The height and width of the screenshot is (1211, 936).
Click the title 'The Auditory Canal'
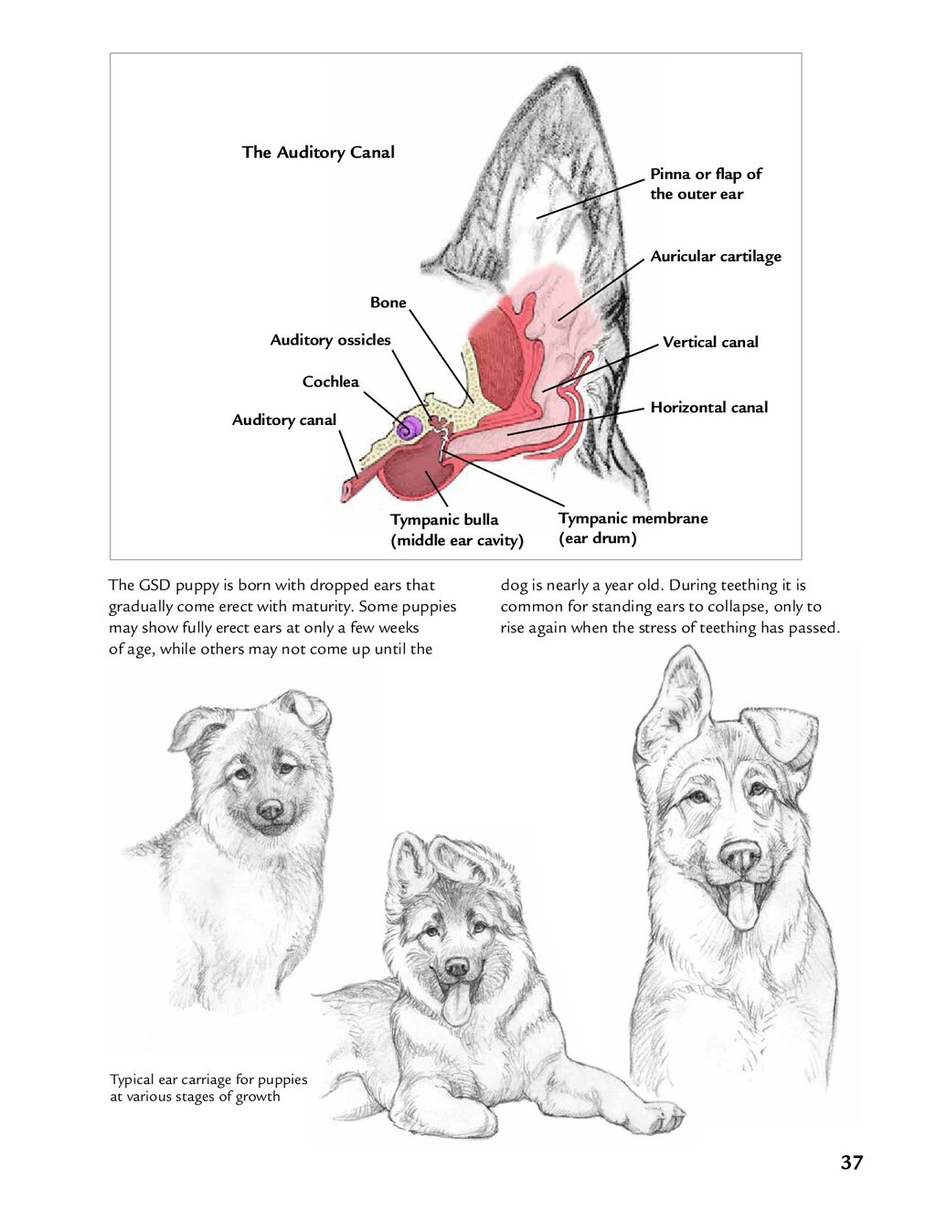[318, 153]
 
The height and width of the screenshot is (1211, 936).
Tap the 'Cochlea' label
[330, 382]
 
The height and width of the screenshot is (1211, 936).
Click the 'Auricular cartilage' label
[716, 257]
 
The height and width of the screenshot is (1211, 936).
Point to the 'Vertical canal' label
[710, 342]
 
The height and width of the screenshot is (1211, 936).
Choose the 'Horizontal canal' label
[708, 408]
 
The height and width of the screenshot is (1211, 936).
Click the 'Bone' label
[388, 303]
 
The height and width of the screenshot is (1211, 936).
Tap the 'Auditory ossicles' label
[330, 340]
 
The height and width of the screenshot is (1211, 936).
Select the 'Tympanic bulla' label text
[444, 520]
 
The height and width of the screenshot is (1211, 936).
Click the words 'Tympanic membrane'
[633, 518]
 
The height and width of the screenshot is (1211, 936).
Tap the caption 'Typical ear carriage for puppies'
[208, 1079]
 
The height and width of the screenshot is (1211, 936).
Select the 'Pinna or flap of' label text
[706, 175]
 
